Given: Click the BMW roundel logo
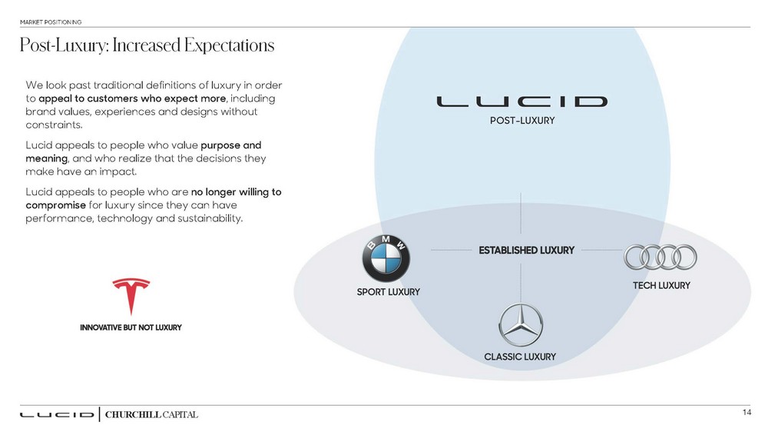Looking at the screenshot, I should tap(386, 258).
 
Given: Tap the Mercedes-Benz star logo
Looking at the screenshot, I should tap(521, 325).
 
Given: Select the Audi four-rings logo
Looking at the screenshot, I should tap(660, 258).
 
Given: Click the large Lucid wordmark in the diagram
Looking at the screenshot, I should tap(522, 101).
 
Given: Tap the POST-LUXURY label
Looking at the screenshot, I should tap(522, 121).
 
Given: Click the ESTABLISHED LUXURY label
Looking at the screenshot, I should tap(527, 250).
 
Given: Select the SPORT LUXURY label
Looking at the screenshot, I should tap(389, 291).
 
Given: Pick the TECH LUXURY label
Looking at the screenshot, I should tap(661, 285).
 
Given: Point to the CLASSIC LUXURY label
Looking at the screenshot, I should tap(520, 357).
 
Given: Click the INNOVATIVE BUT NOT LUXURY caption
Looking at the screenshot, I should tap(131, 327).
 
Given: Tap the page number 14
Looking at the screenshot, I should tap(746, 413).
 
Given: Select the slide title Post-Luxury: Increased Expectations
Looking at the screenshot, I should tap(147, 46).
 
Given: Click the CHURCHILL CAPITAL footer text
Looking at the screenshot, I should tap(152, 415).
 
